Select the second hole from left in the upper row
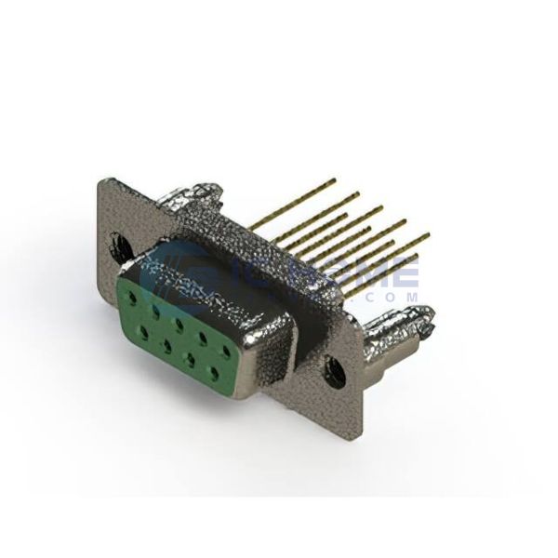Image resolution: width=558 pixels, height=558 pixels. (x=153, y=310)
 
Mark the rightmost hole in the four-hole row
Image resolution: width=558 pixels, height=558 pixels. (x=213, y=371)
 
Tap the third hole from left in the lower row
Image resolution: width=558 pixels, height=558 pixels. (x=190, y=355)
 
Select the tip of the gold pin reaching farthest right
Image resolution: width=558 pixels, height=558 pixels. (x=430, y=234)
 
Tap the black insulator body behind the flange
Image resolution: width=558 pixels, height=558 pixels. (x=307, y=316)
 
